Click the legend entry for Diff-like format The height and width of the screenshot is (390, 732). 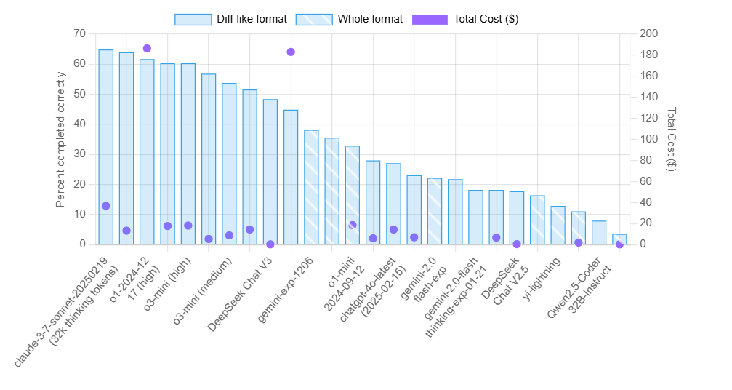point(230,19)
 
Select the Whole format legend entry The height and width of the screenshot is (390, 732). point(349,19)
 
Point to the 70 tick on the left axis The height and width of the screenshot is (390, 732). point(79,33)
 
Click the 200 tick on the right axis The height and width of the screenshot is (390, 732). point(649,33)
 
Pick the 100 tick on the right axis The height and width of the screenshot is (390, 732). point(649,139)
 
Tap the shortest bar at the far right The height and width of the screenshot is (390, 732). point(619,239)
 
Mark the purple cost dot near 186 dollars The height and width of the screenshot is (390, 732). point(147,49)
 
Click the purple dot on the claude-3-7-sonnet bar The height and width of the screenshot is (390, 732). point(105,206)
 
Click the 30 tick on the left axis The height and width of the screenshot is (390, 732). point(79,154)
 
